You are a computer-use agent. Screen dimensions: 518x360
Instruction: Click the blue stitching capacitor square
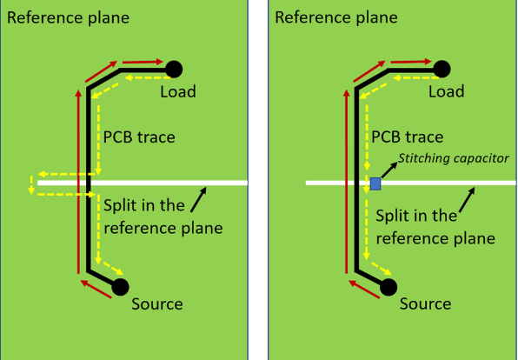[375, 183]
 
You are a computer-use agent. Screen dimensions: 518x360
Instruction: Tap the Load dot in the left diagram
[174, 70]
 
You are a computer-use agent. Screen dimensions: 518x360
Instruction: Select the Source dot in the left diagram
[120, 287]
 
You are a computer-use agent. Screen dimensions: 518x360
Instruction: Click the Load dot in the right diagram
[442, 70]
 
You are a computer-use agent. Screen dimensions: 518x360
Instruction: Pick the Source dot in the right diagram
[388, 287]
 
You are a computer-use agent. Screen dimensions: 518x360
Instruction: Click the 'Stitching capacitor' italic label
[454, 158]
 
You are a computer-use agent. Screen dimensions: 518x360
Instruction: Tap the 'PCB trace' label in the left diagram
[139, 137]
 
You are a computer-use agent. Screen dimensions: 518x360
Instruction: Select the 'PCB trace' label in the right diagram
[408, 137]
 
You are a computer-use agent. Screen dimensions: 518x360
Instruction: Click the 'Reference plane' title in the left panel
[68, 17]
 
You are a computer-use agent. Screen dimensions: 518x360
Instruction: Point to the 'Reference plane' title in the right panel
[336, 17]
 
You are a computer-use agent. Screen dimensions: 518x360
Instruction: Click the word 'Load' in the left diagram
[178, 91]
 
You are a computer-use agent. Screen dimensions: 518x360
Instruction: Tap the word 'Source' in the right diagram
[426, 303]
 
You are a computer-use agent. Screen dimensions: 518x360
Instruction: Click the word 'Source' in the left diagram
[157, 303]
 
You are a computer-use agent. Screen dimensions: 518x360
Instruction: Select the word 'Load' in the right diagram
[447, 91]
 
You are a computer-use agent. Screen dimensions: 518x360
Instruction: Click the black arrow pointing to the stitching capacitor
[389, 170]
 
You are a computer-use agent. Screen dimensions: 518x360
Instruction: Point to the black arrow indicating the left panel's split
[198, 199]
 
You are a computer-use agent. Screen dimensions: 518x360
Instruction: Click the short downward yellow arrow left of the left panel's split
[31, 185]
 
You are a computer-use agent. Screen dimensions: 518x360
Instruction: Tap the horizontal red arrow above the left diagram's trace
[143, 62]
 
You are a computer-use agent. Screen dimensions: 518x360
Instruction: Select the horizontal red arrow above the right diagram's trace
[411, 62]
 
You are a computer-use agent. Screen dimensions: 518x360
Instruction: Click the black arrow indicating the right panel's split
[467, 199]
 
